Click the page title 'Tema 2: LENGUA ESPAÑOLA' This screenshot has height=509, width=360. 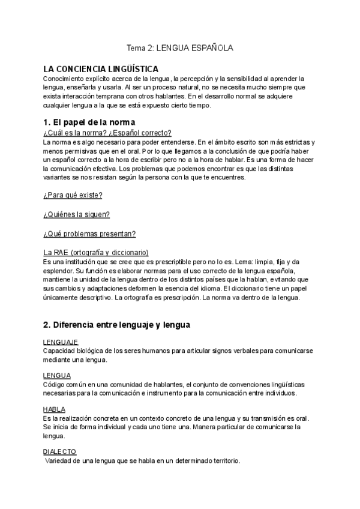tap(179, 47)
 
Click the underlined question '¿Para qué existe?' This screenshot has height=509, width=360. tap(73, 195)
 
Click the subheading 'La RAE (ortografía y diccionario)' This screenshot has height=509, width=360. tap(95, 253)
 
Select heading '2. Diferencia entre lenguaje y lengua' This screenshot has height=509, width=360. tap(116, 325)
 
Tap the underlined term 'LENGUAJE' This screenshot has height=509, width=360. tap(61, 342)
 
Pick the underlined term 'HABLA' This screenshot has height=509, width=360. tap(55, 409)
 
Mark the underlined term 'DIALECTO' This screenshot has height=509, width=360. tap(59, 451)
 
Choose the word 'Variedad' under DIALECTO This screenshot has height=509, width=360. tap(59, 460)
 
